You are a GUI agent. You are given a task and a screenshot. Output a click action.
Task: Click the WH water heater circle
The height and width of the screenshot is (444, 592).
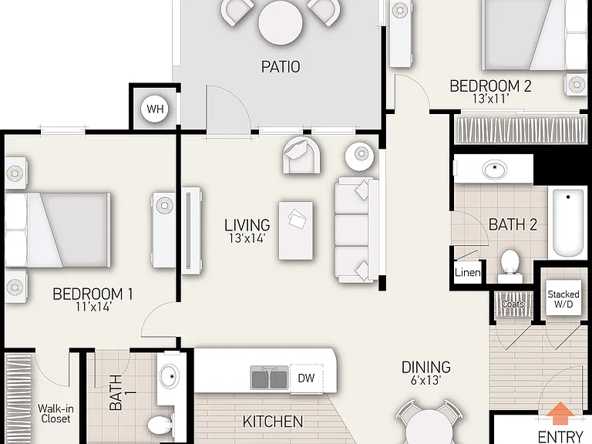pyautogui.click(x=155, y=109)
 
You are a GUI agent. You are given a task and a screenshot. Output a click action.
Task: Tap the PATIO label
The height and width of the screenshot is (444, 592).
pyautogui.click(x=281, y=67)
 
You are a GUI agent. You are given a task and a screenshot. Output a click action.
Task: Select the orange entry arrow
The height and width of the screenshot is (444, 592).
pyautogui.click(x=560, y=412)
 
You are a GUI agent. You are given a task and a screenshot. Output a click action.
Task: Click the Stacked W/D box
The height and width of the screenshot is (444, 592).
pyautogui.click(x=563, y=298)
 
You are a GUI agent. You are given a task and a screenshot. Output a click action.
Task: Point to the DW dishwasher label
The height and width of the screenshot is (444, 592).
pyautogui.click(x=306, y=378)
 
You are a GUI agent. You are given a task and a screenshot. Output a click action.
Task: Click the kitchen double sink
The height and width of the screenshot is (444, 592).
pyautogui.click(x=269, y=378)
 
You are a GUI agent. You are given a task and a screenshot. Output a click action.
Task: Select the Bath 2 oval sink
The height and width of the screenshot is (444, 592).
pyautogui.click(x=495, y=170)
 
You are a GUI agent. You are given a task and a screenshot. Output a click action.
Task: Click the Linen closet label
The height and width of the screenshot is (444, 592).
pyautogui.click(x=467, y=273)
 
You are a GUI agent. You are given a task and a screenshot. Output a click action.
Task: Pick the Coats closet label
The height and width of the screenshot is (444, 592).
pyautogui.click(x=513, y=304)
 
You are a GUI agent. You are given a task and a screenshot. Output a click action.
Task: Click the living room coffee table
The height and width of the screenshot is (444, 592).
pyautogui.click(x=296, y=230)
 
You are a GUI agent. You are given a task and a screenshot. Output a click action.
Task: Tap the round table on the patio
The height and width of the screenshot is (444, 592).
pyautogui.click(x=281, y=23)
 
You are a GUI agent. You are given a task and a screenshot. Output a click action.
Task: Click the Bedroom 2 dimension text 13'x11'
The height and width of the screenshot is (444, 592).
pyautogui.click(x=491, y=99)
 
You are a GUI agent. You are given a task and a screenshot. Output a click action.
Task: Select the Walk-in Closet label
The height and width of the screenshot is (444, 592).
pyautogui.click(x=55, y=413)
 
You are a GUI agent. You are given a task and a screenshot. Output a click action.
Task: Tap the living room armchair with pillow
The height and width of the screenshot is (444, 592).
pyautogui.click(x=302, y=155)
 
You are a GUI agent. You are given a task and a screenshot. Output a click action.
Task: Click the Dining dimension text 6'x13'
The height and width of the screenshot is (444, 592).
pyautogui.click(x=426, y=380)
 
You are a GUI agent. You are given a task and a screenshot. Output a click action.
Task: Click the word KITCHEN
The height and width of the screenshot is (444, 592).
pyautogui.click(x=273, y=422)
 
